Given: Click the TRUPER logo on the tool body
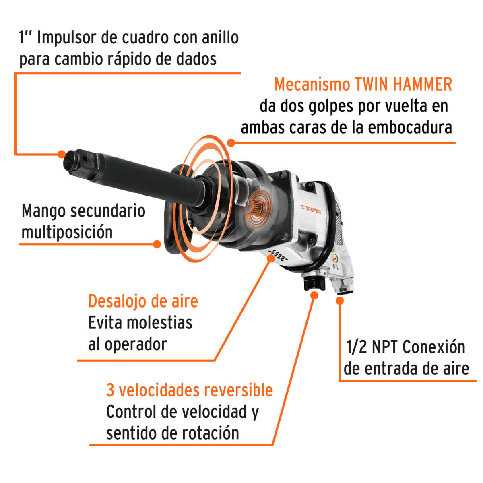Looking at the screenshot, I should [x=311, y=209].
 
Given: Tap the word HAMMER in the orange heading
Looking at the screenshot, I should [x=422, y=85].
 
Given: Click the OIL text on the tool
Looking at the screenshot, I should [x=335, y=267].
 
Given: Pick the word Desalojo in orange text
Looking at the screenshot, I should [x=119, y=301].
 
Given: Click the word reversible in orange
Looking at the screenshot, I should [x=238, y=390].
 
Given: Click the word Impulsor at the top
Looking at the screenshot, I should [x=66, y=38].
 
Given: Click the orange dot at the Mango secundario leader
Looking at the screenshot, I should [x=157, y=244].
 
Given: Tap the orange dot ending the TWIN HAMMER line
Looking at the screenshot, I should [x=231, y=142].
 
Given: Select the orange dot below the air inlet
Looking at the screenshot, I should [x=340, y=300].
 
